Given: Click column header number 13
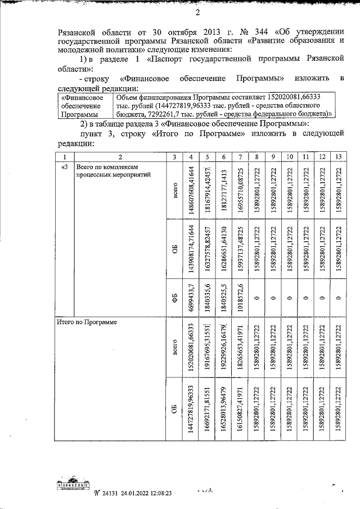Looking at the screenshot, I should click(339, 156).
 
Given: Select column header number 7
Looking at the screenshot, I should click(240, 156).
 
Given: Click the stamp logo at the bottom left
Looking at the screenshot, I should click(74, 488).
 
